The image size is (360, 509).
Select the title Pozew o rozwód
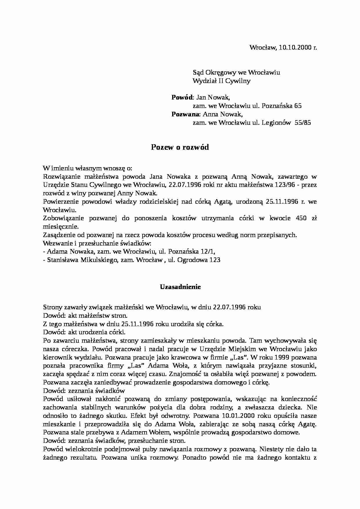tap(180, 147)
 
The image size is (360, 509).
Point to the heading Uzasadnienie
tap(180, 287)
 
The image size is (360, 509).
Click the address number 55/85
tap(303, 122)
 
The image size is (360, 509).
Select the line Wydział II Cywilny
tap(222, 81)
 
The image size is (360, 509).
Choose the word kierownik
tap(57, 357)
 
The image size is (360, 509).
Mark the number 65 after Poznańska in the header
tap(298, 106)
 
